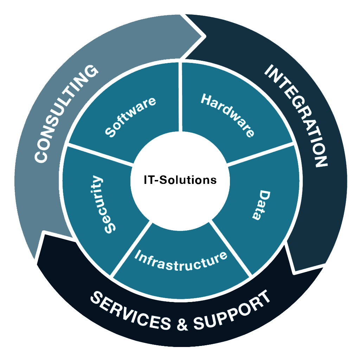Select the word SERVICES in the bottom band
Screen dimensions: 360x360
click(130, 312)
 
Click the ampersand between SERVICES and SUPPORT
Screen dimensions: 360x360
click(182, 324)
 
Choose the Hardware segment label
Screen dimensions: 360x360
click(228, 115)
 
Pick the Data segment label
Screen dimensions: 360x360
click(261, 205)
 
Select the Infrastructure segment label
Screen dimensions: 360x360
click(180, 261)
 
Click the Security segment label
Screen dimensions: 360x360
click(104, 205)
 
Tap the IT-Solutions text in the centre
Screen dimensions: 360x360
click(180, 180)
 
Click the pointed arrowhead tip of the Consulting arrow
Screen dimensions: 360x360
click(205, 36)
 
